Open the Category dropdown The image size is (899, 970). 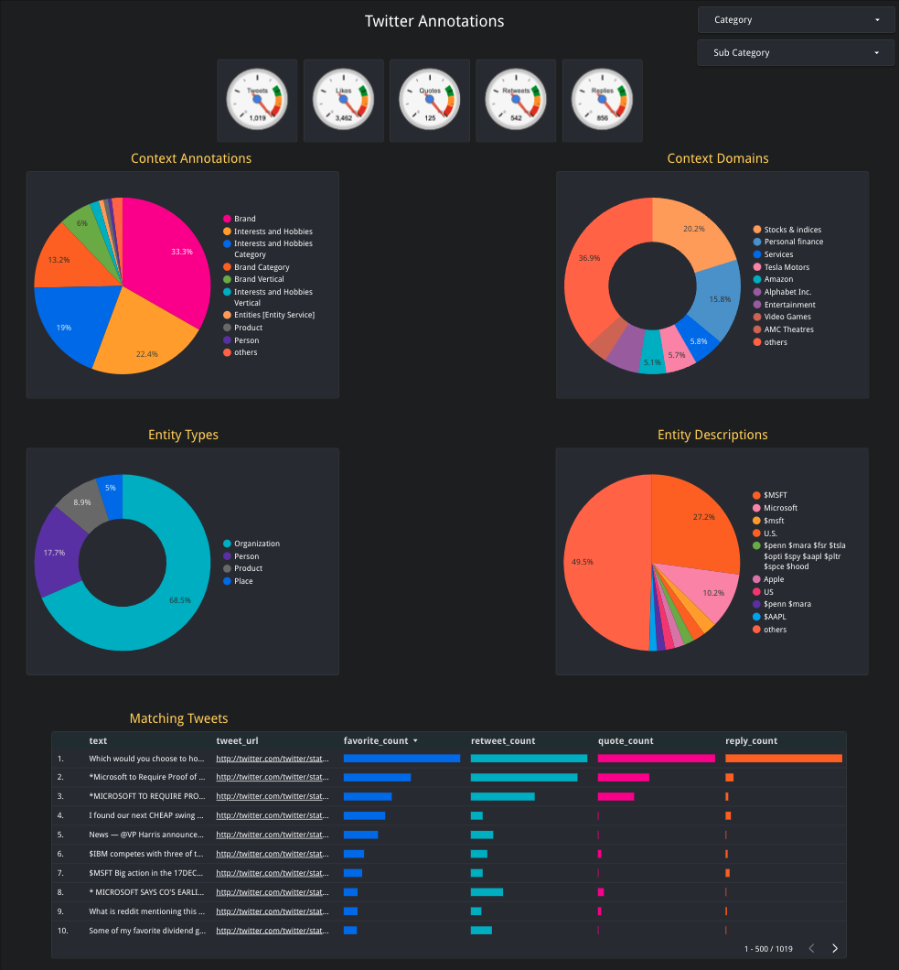(795, 20)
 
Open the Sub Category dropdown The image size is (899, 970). (795, 53)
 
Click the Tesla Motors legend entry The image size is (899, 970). (787, 267)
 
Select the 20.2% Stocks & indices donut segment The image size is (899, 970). (690, 233)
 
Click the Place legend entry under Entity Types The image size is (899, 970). (243, 581)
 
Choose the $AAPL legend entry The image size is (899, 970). (775, 617)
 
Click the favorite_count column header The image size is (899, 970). (376, 740)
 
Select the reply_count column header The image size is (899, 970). (751, 740)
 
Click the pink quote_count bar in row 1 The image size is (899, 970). (656, 759)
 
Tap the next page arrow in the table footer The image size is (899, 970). (835, 949)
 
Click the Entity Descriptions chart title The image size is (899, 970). (712, 435)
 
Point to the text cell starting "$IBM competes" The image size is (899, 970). (146, 854)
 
